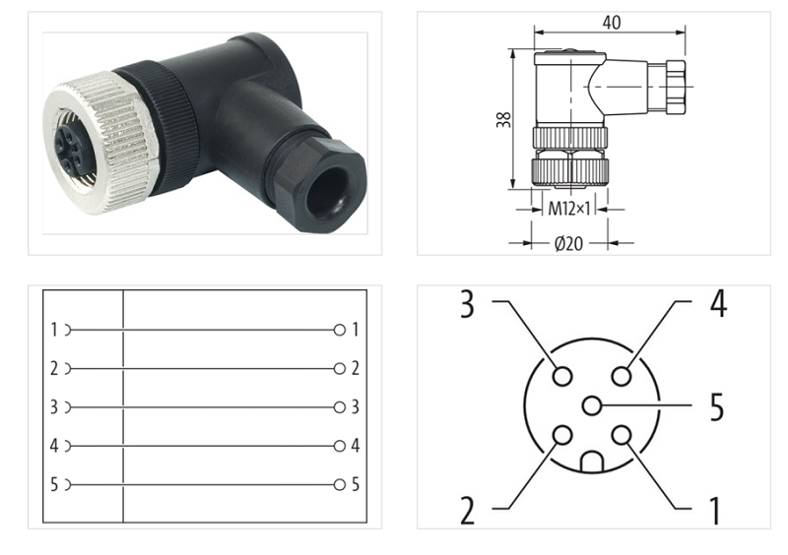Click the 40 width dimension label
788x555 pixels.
tap(612, 22)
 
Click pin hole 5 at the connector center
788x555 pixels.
tap(591, 404)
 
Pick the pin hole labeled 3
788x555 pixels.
tap(562, 376)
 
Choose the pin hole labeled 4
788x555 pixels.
tap(621, 376)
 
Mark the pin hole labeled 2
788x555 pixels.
tap(562, 435)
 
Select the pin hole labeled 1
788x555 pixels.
tap(621, 435)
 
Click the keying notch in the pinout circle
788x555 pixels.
tap(591, 461)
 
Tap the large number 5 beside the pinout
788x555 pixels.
tap(716, 404)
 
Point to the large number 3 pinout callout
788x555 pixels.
tap(466, 303)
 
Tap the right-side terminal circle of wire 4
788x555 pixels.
tap(340, 446)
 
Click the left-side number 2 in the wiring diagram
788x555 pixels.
tap(53, 369)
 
